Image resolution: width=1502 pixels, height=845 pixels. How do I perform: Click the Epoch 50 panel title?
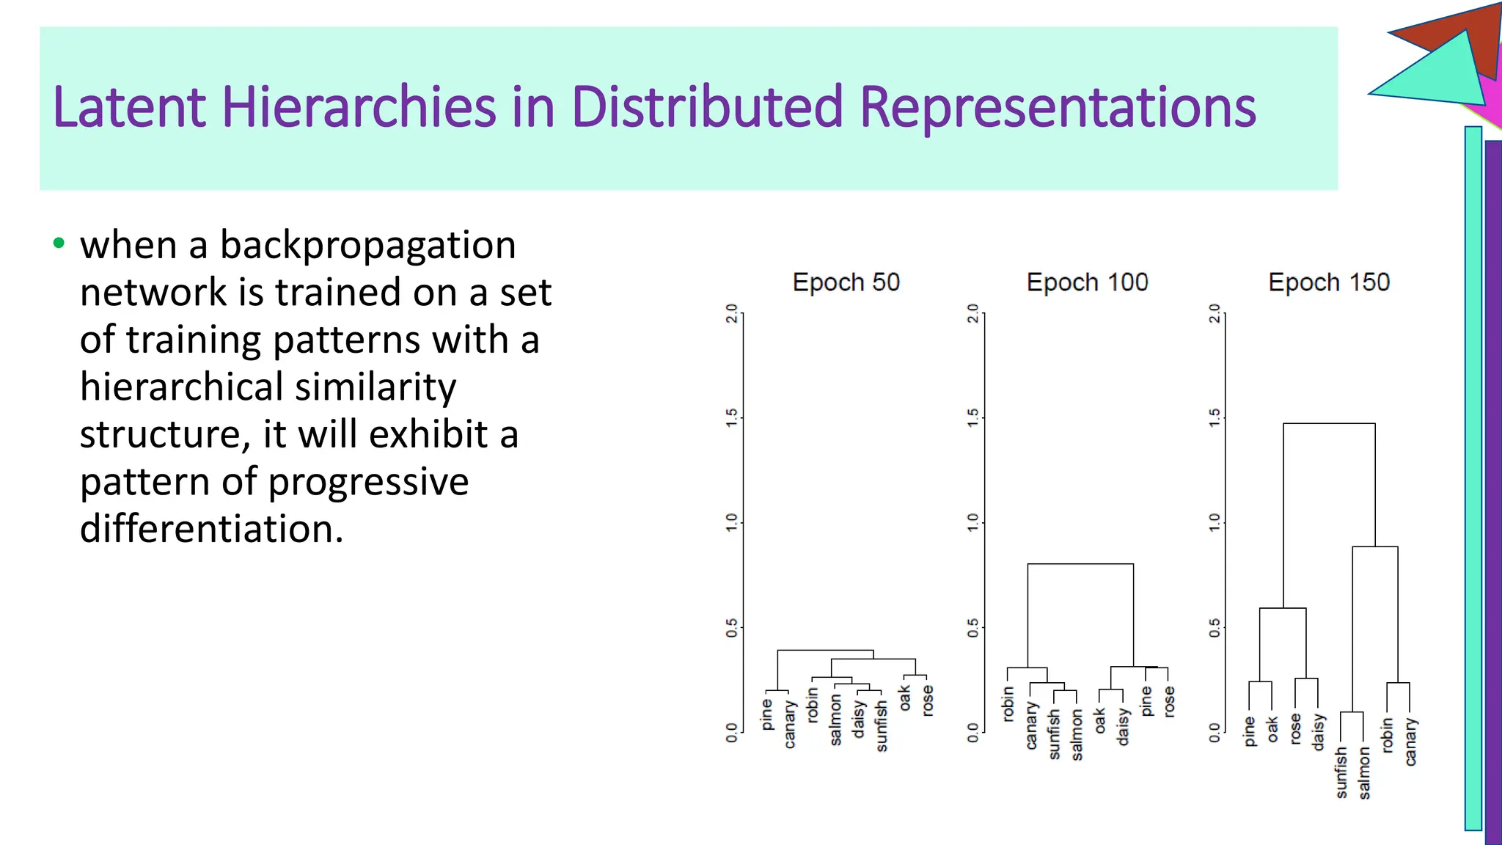pyautogui.click(x=846, y=282)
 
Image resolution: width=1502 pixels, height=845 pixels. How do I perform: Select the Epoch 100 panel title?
pyautogui.click(x=1087, y=282)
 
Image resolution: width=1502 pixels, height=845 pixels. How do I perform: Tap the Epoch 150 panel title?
pyautogui.click(x=1329, y=282)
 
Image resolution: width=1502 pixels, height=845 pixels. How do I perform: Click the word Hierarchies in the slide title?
pyautogui.click(x=359, y=107)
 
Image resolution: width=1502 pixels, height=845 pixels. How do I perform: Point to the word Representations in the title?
pyautogui.click(x=1058, y=107)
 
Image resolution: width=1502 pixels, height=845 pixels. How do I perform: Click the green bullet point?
pyautogui.click(x=59, y=243)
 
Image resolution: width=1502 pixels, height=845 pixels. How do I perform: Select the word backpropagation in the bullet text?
pyautogui.click(x=367, y=245)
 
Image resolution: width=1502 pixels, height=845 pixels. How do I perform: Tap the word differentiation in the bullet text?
pyautogui.click(x=211, y=528)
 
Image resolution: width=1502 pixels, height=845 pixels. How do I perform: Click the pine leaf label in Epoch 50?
pyautogui.click(x=766, y=714)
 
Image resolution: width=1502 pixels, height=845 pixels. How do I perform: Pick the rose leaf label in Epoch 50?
pyautogui.click(x=928, y=700)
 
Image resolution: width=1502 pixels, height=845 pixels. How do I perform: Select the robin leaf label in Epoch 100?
pyautogui.click(x=1008, y=703)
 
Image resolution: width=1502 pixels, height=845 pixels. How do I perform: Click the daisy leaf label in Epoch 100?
pyautogui.click(x=1122, y=726)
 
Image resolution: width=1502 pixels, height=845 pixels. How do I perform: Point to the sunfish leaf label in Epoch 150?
pyautogui.click(x=1341, y=772)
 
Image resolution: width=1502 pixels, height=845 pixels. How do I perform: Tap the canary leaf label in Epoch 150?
pyautogui.click(x=1410, y=742)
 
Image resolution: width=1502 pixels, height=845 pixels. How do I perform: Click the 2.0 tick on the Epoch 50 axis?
pyautogui.click(x=731, y=313)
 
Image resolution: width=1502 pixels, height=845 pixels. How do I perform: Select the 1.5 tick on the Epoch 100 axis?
pyautogui.click(x=972, y=418)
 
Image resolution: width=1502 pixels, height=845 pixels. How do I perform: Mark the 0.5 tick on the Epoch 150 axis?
pyautogui.click(x=1215, y=628)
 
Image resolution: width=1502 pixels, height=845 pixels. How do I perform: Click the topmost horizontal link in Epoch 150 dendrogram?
pyautogui.click(x=1329, y=423)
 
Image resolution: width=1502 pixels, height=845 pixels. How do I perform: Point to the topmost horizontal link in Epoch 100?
pyautogui.click(x=1080, y=564)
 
